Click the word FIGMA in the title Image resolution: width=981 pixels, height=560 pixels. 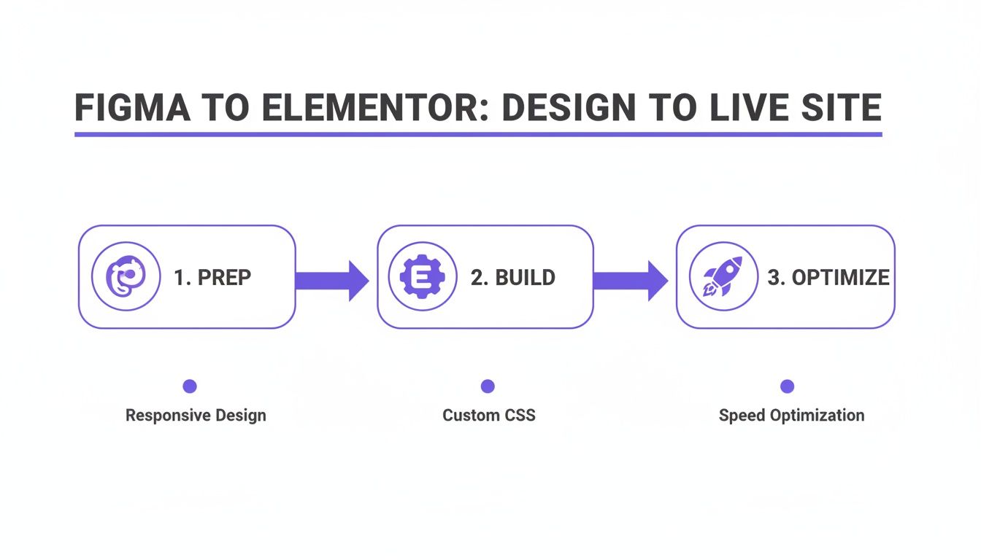click(x=132, y=108)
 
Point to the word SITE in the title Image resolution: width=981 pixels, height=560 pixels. click(x=840, y=108)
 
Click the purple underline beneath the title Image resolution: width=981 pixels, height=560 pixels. click(x=478, y=134)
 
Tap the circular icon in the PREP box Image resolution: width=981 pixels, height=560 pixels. click(x=126, y=276)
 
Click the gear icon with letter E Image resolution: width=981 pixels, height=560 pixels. click(x=423, y=276)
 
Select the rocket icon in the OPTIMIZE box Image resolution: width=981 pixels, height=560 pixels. click(x=723, y=276)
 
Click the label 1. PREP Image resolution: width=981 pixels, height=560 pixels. click(x=212, y=278)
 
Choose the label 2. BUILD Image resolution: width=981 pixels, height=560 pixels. click(x=512, y=278)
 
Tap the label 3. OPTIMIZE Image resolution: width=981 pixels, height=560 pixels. click(x=828, y=278)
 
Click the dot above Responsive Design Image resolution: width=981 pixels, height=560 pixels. click(x=190, y=386)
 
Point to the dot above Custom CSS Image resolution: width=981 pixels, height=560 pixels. click(x=488, y=386)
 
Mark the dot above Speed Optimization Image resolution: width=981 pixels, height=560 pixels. click(x=787, y=386)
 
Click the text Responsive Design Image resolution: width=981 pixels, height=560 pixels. click(x=196, y=416)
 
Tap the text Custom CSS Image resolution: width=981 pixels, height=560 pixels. click(x=488, y=416)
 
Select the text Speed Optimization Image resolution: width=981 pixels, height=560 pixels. click(x=791, y=416)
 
